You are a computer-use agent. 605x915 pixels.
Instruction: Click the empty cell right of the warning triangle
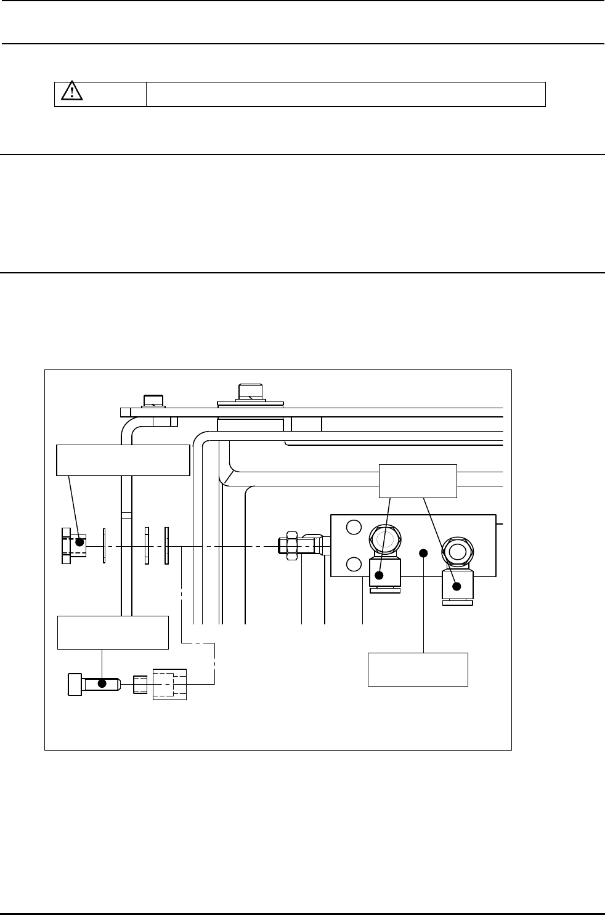coord(346,94)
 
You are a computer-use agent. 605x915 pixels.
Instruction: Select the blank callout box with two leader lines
coord(418,480)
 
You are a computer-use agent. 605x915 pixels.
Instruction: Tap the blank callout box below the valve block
coord(418,669)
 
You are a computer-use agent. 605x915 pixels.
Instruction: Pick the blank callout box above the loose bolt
coord(113,632)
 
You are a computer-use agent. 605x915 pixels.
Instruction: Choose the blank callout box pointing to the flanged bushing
coord(123,459)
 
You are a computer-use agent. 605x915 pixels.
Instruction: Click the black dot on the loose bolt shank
coord(102,683)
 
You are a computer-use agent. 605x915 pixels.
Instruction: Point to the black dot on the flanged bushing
coord(79,542)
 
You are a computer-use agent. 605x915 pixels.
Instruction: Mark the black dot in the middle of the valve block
coord(423,553)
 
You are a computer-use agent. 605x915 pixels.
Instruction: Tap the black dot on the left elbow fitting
coord(380,575)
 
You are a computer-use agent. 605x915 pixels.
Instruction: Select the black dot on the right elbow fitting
coord(457,586)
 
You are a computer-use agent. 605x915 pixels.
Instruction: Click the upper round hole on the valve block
coord(352,528)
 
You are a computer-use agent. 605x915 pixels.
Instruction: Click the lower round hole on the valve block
coord(352,564)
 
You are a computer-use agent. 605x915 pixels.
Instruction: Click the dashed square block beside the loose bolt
coord(169,684)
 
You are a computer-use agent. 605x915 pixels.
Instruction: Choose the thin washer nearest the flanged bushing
coord(105,545)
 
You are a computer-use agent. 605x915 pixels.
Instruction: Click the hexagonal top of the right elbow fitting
coord(457,551)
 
